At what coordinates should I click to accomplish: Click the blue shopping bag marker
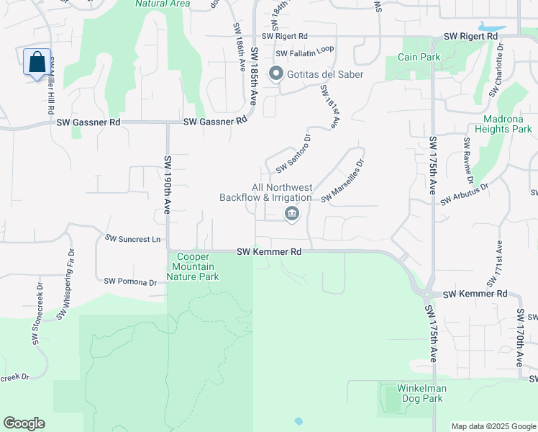[37, 63]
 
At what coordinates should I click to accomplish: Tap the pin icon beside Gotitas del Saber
[275, 74]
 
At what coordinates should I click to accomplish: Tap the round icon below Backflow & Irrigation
[292, 214]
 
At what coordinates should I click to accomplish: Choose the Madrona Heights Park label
[503, 124]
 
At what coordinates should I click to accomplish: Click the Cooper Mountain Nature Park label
[193, 266]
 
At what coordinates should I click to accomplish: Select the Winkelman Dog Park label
[422, 393]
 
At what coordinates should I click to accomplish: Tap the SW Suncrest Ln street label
[132, 238]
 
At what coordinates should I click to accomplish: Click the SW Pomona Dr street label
[130, 282]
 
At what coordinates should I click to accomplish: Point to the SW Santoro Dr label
[293, 153]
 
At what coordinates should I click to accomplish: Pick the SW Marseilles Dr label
[343, 185]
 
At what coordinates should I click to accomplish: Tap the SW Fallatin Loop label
[305, 53]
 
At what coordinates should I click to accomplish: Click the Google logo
[24, 423]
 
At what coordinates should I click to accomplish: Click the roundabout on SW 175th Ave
[427, 294]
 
